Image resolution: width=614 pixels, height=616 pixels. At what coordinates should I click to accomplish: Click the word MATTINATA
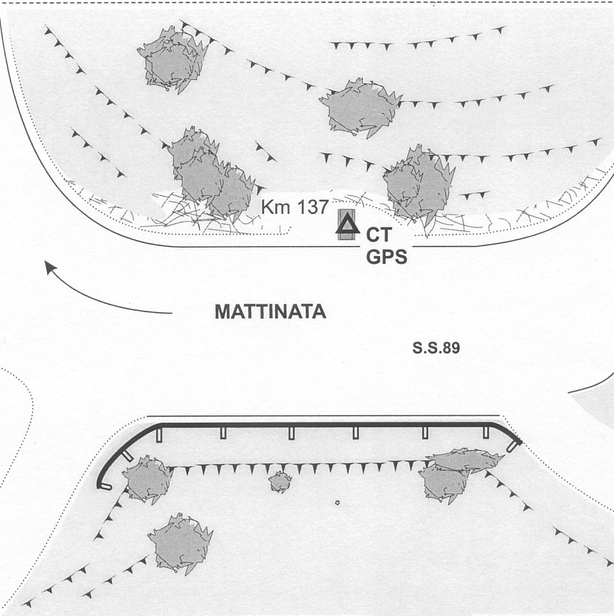(x=270, y=312)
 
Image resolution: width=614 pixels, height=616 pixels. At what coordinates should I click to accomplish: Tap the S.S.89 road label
(x=436, y=348)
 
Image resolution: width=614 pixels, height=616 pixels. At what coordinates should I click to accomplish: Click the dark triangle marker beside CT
(x=348, y=225)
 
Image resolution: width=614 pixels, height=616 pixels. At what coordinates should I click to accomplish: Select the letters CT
(x=379, y=235)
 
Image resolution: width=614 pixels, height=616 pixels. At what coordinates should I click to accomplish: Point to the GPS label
(x=387, y=257)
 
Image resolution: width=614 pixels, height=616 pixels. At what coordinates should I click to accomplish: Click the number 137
(x=312, y=207)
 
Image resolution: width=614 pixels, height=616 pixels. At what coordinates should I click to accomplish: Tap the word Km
(x=277, y=207)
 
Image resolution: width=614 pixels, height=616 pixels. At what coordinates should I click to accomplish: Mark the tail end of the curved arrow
(x=172, y=313)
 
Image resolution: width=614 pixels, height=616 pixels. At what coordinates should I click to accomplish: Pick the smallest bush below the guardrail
(x=280, y=482)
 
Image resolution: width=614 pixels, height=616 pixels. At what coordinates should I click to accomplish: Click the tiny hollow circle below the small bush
(x=337, y=503)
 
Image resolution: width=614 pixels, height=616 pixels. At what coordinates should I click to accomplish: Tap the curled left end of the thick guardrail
(x=103, y=487)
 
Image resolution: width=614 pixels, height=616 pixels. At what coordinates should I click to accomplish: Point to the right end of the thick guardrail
(x=516, y=445)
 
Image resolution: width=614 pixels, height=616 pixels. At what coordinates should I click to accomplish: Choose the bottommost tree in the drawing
(x=180, y=543)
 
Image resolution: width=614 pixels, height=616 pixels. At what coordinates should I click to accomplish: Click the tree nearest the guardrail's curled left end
(x=148, y=479)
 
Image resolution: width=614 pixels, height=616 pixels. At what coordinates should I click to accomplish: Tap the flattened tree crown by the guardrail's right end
(x=466, y=459)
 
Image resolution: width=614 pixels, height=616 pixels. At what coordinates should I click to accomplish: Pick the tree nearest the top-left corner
(x=173, y=60)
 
